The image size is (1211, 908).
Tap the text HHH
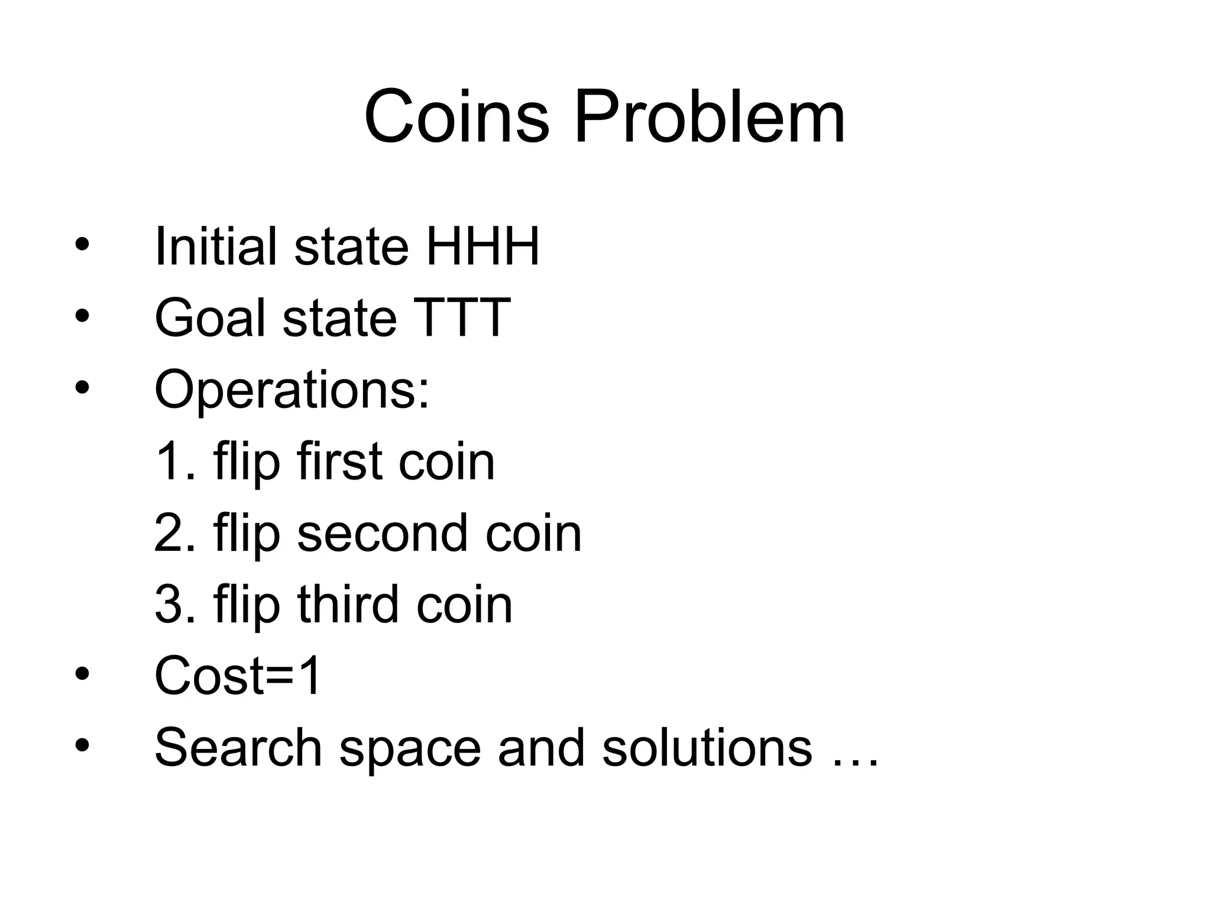click(x=482, y=247)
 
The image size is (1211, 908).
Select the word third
click(x=348, y=605)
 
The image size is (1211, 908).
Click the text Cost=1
click(x=238, y=676)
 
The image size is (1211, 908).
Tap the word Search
click(x=238, y=748)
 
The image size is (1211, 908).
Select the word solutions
click(x=707, y=748)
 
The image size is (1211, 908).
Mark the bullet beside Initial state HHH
click(x=82, y=245)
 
